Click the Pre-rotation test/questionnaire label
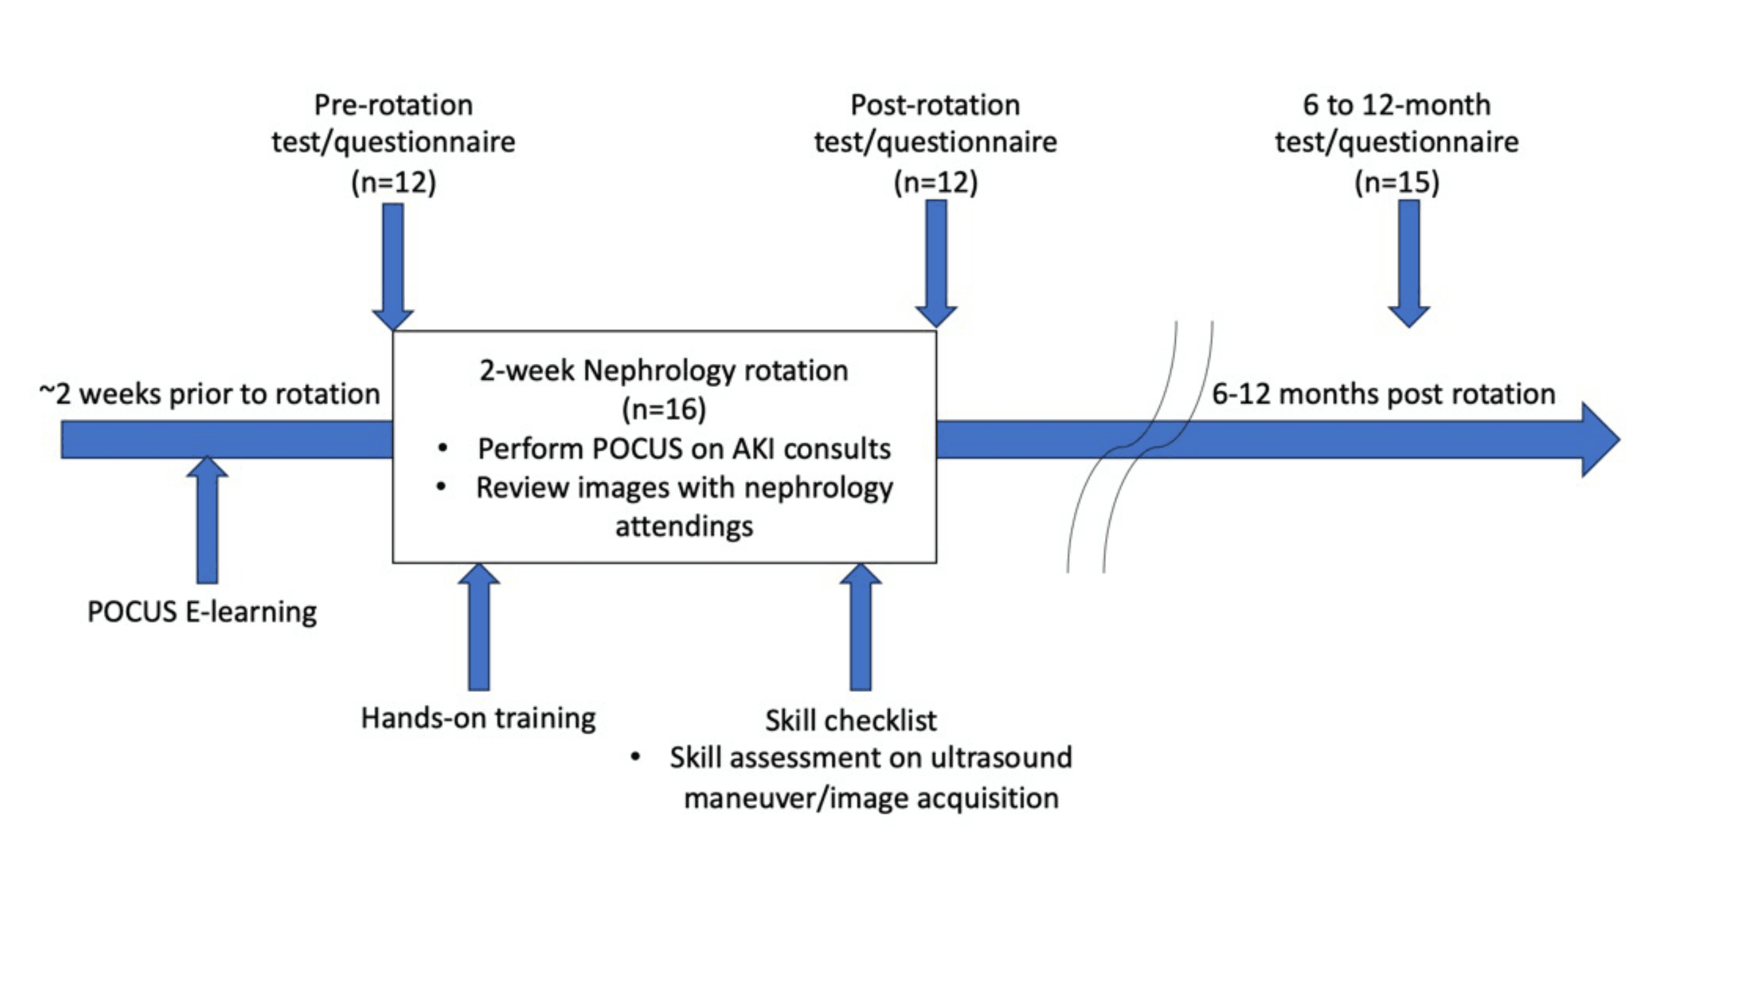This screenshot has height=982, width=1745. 394,123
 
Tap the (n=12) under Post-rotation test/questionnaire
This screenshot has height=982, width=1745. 936,181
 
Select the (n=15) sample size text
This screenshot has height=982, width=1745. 1397,181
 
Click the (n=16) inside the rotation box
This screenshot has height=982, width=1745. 664,409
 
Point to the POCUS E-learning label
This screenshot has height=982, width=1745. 202,611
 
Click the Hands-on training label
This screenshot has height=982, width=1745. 478,718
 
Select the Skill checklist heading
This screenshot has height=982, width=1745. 851,719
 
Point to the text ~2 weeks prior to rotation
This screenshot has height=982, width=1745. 209,393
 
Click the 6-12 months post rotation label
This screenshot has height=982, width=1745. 1383,393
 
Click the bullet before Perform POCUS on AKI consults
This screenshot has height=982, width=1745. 442,448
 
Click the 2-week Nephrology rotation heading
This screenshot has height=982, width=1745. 664,371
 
